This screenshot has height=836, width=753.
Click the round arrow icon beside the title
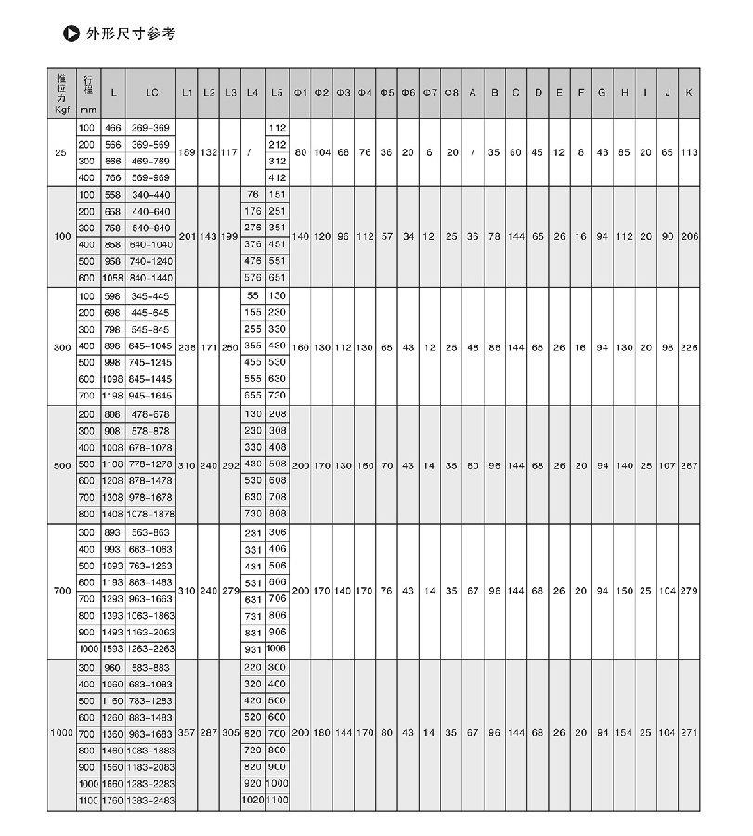[69, 34]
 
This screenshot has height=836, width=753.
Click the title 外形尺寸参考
[130, 34]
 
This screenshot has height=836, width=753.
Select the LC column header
[151, 92]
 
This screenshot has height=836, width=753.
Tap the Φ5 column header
[387, 92]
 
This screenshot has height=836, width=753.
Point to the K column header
[688, 92]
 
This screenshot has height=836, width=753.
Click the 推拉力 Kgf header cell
[61, 92]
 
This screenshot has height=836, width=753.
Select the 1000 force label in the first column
[61, 733]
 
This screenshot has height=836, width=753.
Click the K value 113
[688, 152]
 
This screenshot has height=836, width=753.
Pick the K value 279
[688, 591]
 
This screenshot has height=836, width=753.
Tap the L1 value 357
[187, 733]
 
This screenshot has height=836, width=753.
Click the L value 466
[112, 127]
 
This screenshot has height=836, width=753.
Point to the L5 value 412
[277, 177]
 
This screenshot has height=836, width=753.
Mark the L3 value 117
[230, 152]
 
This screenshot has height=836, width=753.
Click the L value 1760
[112, 800]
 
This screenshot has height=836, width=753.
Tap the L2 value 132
[209, 152]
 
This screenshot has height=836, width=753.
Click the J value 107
[666, 464]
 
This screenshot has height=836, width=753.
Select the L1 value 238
[187, 346]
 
